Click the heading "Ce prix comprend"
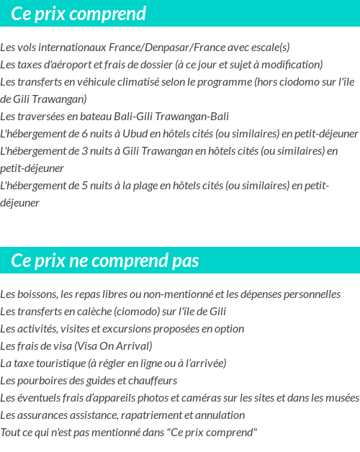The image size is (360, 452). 78,14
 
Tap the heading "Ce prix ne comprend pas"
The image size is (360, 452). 105,260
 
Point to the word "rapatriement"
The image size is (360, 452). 149,415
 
